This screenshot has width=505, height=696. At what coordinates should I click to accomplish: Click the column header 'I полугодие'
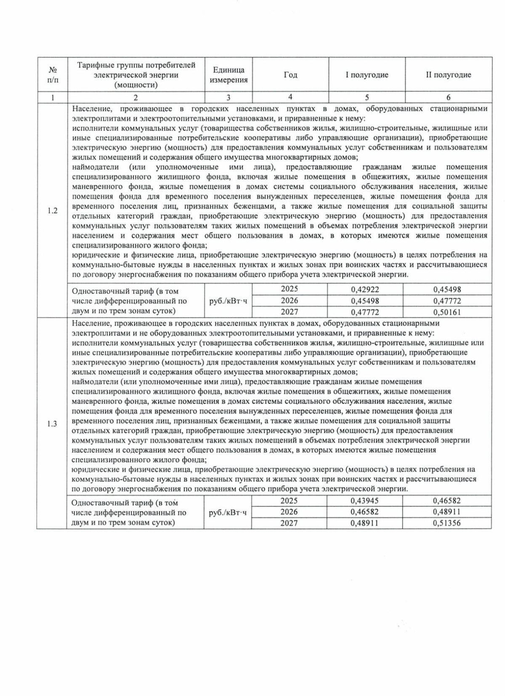coord(367,75)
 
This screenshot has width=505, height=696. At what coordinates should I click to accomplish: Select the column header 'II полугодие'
coord(448,75)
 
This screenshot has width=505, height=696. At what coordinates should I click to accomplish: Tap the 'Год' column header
coord(290,75)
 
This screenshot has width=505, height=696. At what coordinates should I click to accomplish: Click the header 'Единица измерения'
coord(229,75)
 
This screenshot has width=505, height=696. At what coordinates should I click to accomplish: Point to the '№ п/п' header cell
coord(53,75)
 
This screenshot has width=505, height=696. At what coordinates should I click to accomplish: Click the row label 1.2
coord(53,211)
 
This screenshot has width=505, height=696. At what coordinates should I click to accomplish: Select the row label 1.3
coord(52,424)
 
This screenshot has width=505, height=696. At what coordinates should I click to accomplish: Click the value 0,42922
coord(365,289)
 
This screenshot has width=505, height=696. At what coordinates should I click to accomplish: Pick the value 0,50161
coord(447,312)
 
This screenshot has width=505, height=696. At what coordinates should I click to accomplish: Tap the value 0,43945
coord(364,501)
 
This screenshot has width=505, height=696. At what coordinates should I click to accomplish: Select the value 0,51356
coord(447,523)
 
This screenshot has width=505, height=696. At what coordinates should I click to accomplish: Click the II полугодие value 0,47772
coord(447,301)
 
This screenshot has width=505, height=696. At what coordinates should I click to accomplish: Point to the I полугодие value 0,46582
coord(364,512)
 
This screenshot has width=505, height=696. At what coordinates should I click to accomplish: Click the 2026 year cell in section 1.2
coord(290,301)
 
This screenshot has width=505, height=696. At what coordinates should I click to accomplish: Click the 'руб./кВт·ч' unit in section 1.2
coord(228,301)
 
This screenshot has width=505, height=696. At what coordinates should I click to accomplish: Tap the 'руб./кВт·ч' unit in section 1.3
coord(228,512)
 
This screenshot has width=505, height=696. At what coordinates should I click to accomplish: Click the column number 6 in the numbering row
coord(448,97)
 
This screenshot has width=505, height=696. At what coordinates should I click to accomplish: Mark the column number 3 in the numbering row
coord(229,97)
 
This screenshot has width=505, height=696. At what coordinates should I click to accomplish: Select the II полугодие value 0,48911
coord(447,512)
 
